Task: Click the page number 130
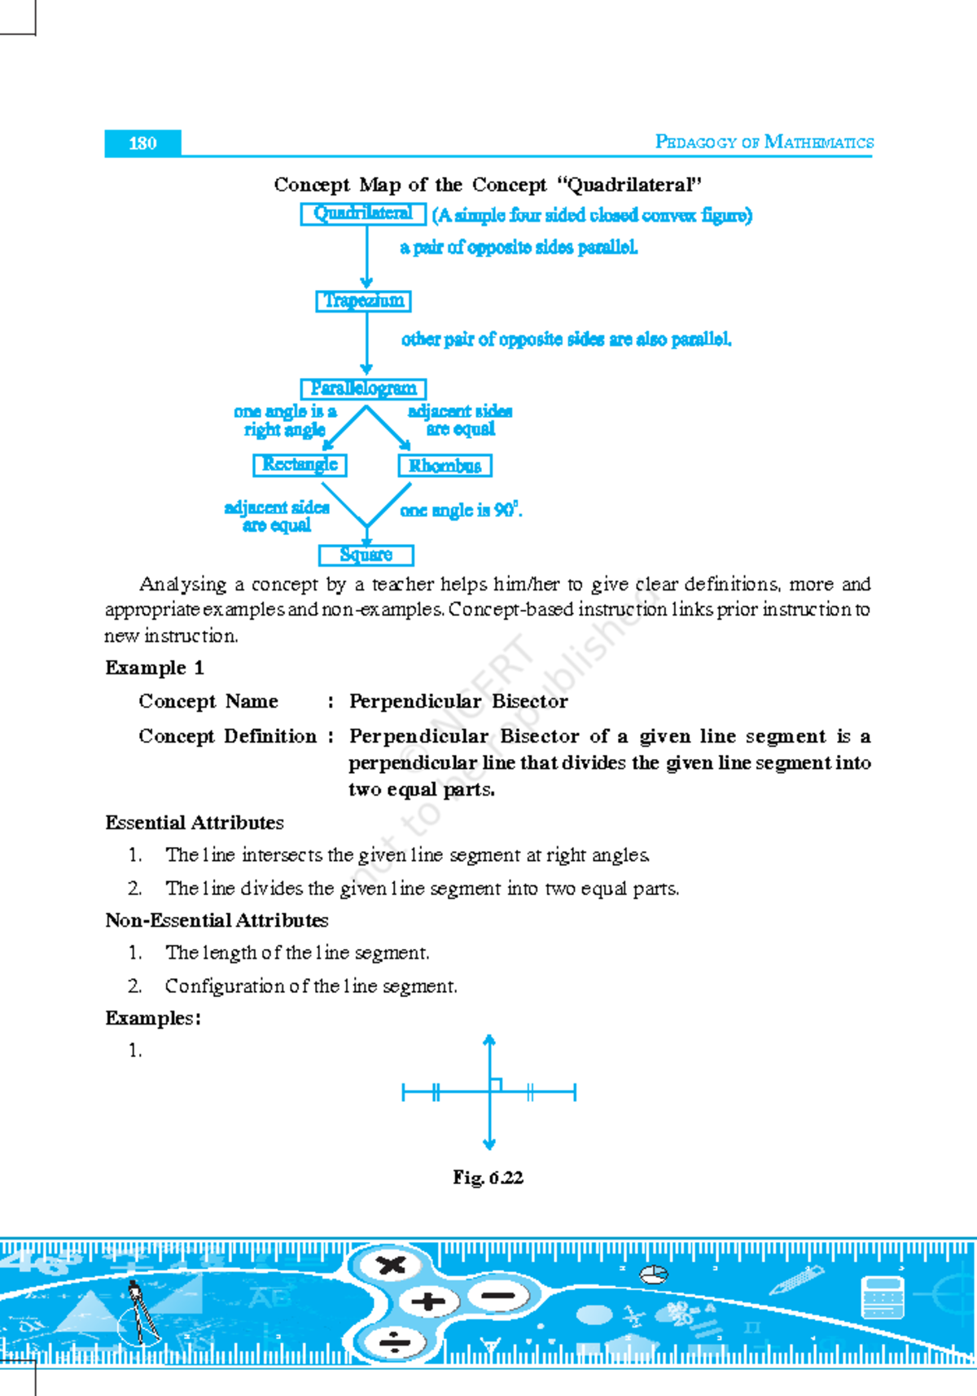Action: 142,143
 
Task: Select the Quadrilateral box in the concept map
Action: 363,213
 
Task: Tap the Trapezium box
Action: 363,301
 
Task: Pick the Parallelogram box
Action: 363,389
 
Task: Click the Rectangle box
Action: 300,464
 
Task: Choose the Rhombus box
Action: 445,466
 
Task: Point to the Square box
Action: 366,555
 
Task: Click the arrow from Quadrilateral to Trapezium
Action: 366,257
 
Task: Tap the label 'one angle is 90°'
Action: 461,511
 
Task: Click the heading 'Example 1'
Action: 155,668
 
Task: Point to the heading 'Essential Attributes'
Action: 195,823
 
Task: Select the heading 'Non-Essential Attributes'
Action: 217,920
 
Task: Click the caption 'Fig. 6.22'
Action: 488,1178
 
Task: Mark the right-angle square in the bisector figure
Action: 496,1085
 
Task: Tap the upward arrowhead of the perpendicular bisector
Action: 489,1040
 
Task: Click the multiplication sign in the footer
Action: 392,1265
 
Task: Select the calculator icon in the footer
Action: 883,1297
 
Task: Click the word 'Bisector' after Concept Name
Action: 529,701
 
